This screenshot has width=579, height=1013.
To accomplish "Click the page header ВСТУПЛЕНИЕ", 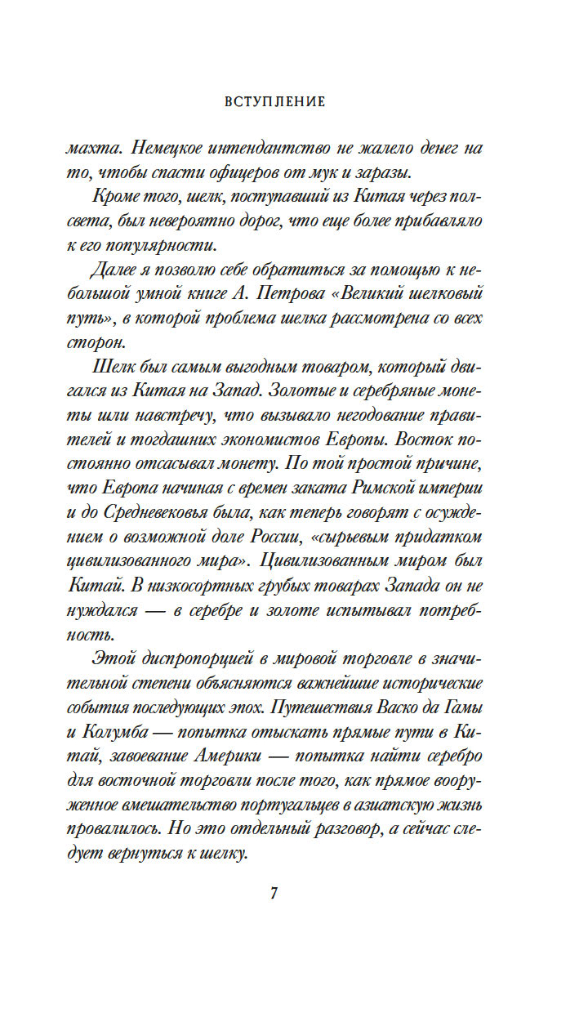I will [x=274, y=102].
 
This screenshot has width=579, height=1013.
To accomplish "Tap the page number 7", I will [x=274, y=893].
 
